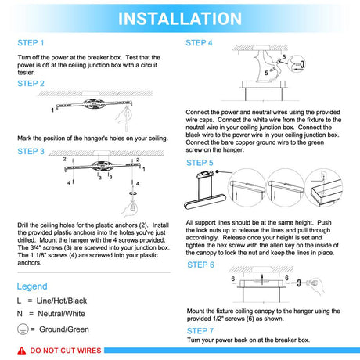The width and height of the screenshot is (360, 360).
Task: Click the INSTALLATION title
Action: [x=180, y=19]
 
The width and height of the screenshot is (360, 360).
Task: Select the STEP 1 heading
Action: [x=31, y=43]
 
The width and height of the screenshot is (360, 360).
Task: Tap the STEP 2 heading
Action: [x=31, y=84]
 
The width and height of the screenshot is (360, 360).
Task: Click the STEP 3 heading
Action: [x=31, y=151]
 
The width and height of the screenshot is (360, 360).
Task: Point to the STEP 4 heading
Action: [x=199, y=43]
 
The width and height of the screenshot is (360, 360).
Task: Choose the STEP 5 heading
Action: [x=200, y=163]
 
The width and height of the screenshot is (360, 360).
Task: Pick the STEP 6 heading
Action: [x=200, y=265]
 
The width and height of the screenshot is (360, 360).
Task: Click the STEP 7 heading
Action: [x=200, y=331]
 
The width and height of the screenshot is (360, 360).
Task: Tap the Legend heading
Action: [x=32, y=286]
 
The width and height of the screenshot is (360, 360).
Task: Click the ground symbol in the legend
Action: [x=23, y=329]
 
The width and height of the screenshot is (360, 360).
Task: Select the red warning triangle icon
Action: [x=22, y=351]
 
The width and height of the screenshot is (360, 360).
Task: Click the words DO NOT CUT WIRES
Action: [x=66, y=351]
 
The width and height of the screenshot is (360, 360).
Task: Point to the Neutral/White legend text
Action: [x=62, y=314]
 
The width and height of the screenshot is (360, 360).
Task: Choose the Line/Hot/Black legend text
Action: [x=62, y=301]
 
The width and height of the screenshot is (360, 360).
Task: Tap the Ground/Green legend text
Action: [x=64, y=329]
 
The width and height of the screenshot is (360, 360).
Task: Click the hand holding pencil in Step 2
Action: [x=124, y=117]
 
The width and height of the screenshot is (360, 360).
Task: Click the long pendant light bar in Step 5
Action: [x=205, y=201]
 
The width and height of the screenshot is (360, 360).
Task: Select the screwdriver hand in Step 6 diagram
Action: [x=315, y=285]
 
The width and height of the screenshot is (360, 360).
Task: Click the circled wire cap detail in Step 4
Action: [x=297, y=64]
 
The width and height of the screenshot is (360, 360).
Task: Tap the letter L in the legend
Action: [x=19, y=301]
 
